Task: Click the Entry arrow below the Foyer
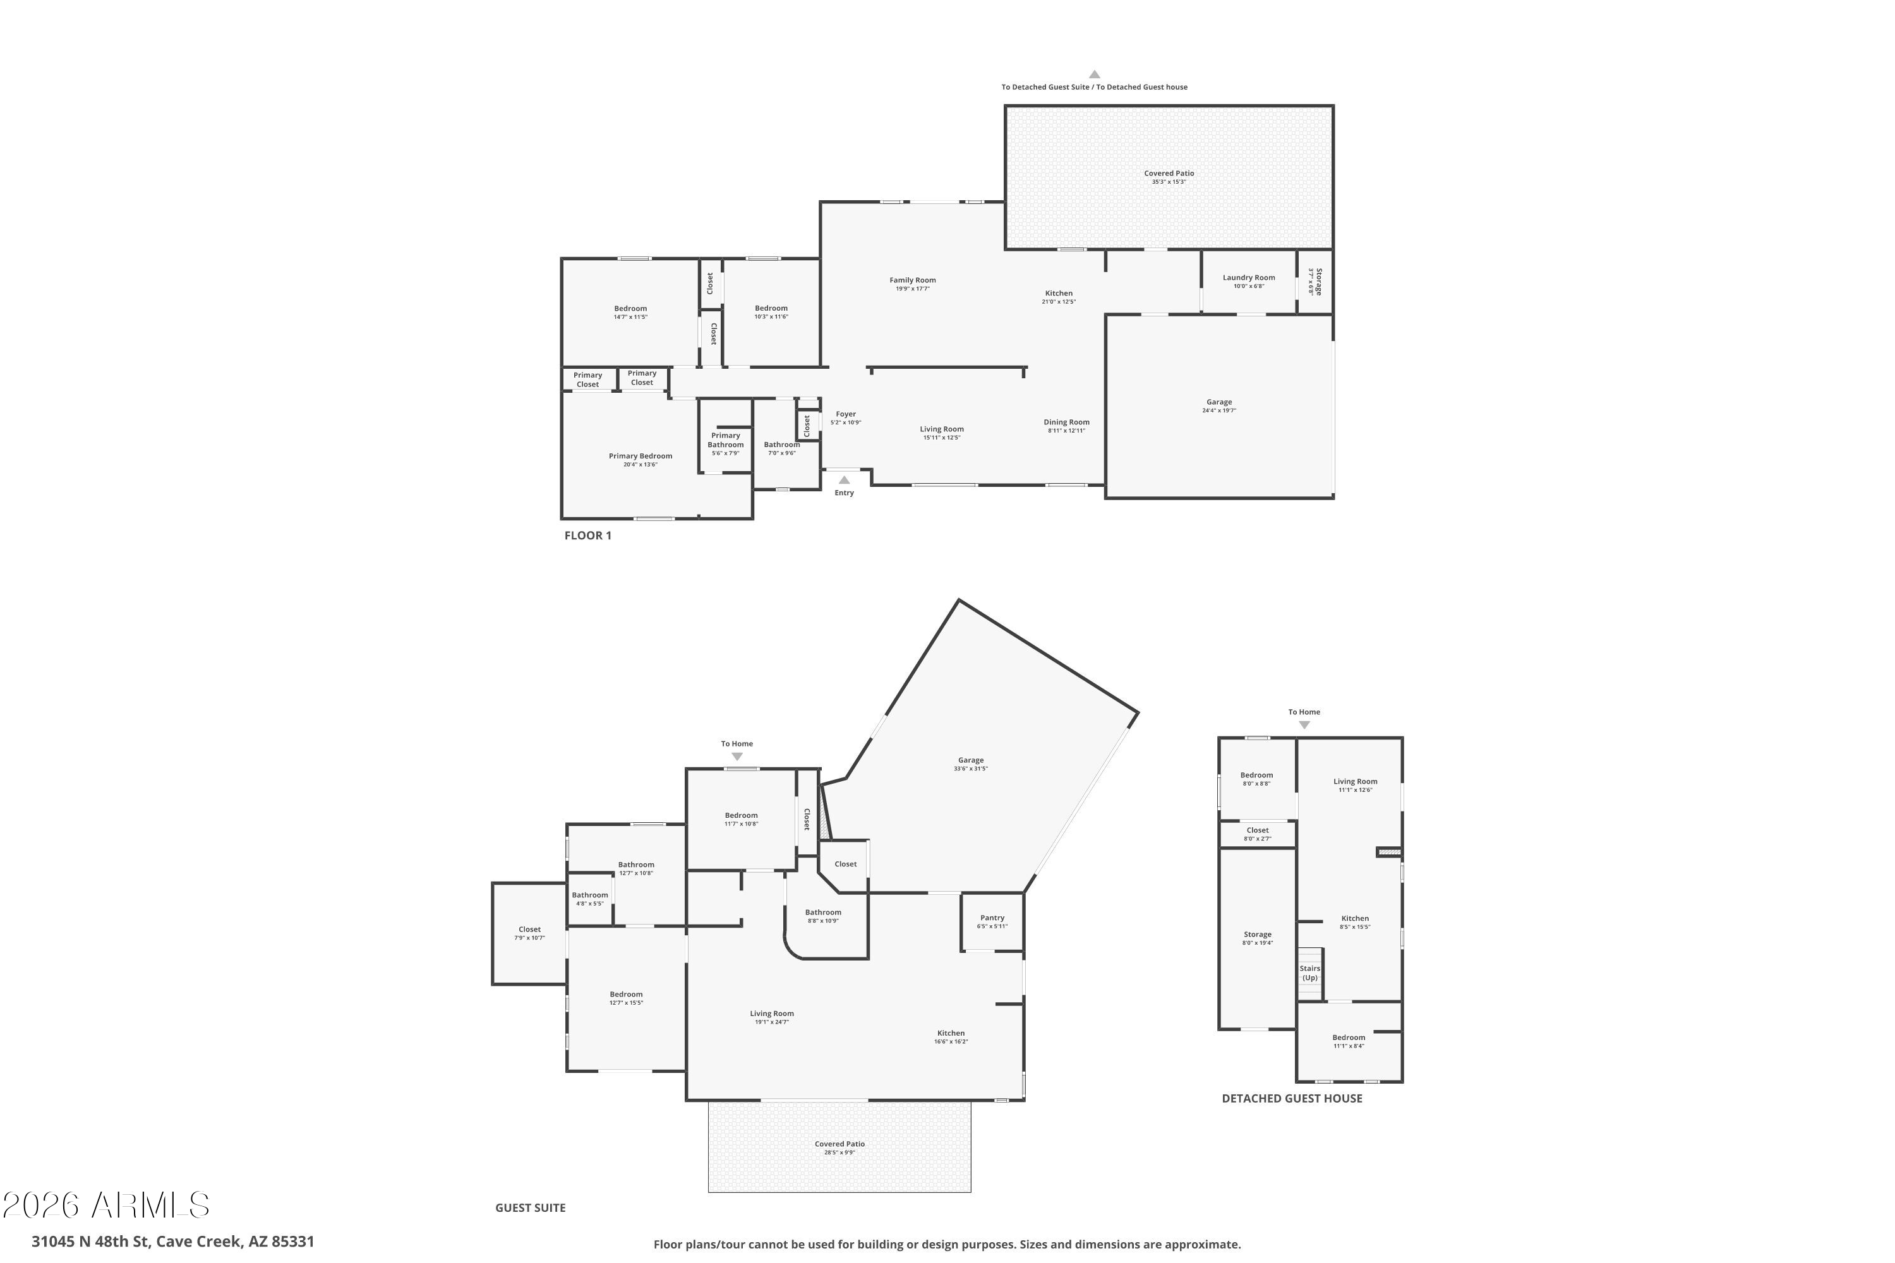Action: (x=843, y=480)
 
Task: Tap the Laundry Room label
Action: (x=1248, y=278)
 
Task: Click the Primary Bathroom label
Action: (x=725, y=440)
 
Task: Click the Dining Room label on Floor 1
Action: (x=1066, y=422)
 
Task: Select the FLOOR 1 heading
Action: (x=587, y=536)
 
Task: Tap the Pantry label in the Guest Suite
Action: (x=992, y=918)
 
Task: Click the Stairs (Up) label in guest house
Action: (x=1309, y=973)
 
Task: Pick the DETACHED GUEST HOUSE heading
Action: (x=1292, y=1099)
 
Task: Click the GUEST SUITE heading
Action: (x=530, y=1207)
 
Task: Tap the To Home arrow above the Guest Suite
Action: (x=737, y=757)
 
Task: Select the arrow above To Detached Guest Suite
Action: (x=1094, y=74)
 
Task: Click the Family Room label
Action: (x=912, y=280)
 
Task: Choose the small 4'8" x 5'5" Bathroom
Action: (x=590, y=899)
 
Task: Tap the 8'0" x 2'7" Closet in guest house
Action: (x=1257, y=834)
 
